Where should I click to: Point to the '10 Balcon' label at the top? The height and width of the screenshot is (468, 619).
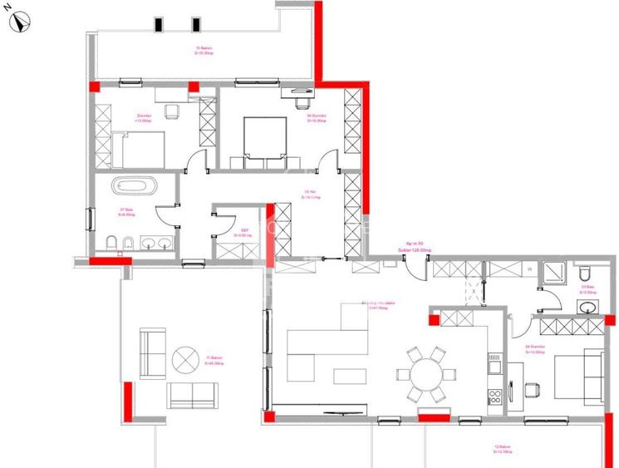(x=204, y=50)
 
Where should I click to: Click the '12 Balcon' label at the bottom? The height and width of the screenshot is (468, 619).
(x=501, y=449)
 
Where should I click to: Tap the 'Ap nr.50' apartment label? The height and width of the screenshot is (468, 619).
(x=415, y=244)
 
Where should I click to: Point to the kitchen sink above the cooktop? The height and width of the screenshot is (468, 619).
(x=493, y=364)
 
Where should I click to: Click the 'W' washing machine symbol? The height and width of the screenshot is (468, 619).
(x=528, y=269)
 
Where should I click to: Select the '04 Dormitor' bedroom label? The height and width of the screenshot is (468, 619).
(x=535, y=348)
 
